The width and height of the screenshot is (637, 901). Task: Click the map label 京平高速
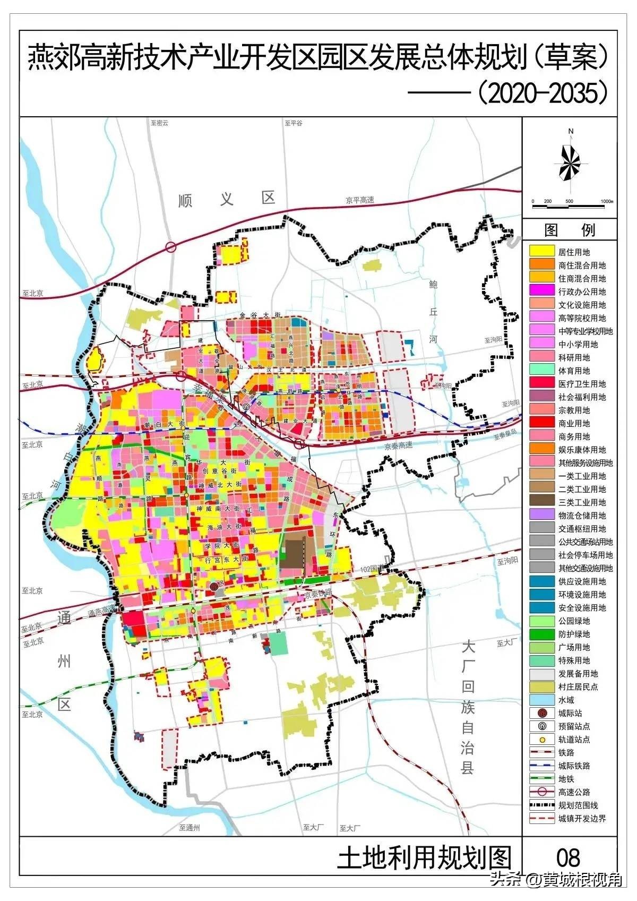click(359, 200)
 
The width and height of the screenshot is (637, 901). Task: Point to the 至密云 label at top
click(159, 123)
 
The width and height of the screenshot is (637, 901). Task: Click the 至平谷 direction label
click(293, 123)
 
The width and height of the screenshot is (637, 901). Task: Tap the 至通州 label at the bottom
click(189, 828)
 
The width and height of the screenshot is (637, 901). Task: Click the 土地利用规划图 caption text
click(425, 857)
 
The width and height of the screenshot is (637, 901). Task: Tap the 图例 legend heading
click(570, 230)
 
